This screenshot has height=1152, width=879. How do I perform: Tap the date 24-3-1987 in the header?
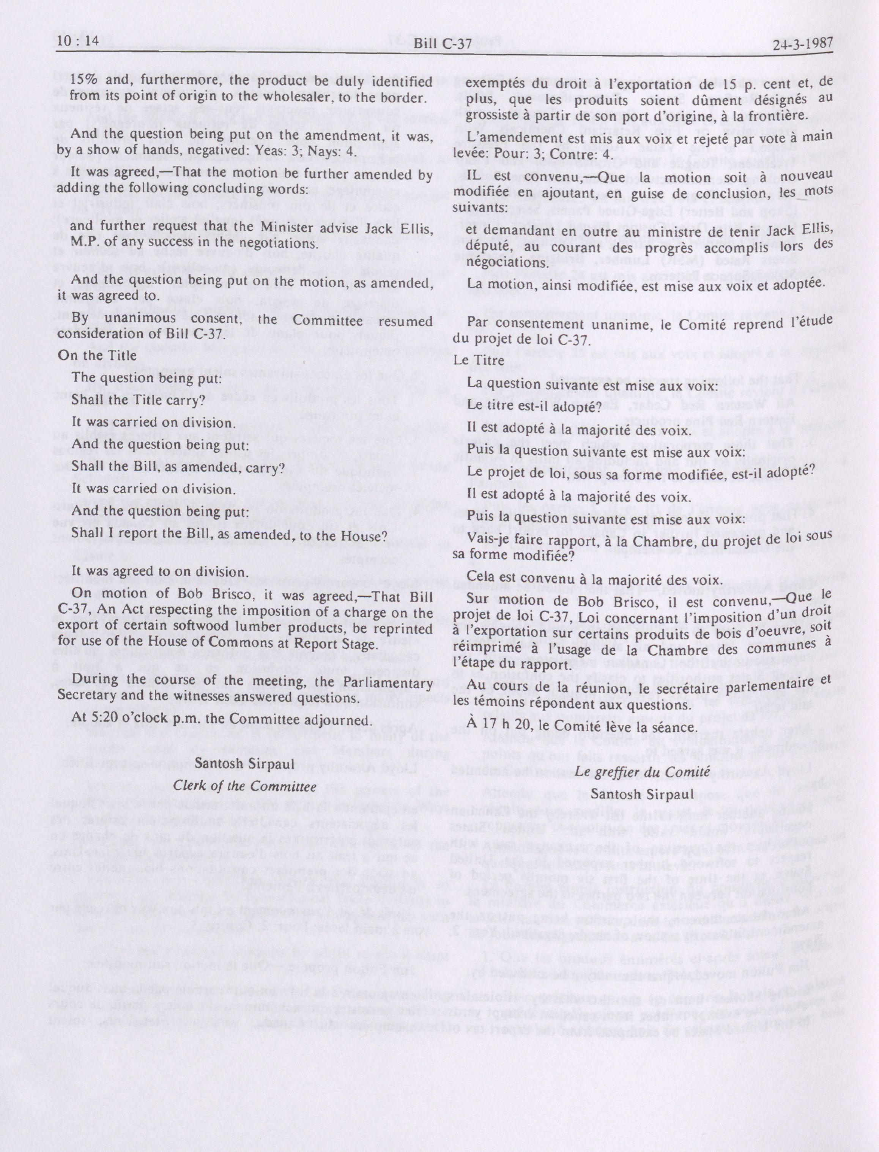pyautogui.click(x=802, y=43)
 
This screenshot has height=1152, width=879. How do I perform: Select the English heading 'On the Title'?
pyautogui.click(x=97, y=355)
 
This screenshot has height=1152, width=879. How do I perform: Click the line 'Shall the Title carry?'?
pyautogui.click(x=137, y=400)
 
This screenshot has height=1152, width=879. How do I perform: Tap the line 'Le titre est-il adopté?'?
pyautogui.click(x=534, y=406)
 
